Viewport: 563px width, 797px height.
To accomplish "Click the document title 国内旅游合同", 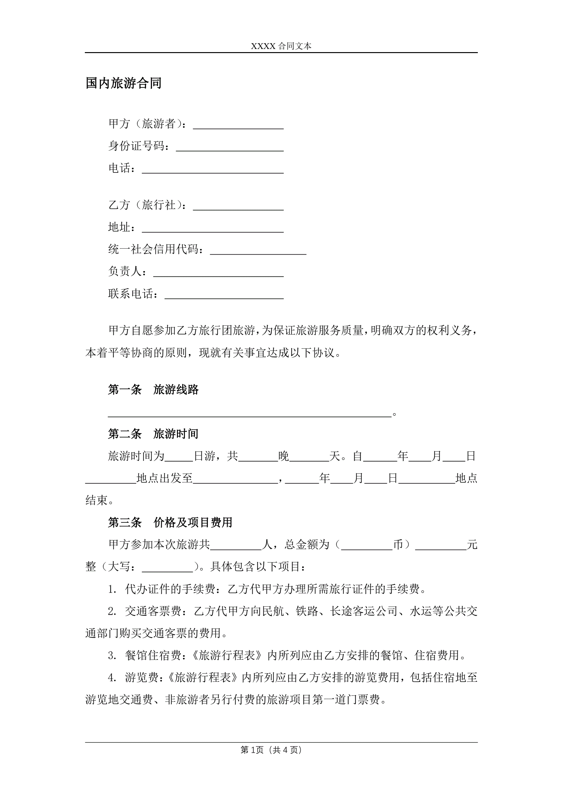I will click(123, 83).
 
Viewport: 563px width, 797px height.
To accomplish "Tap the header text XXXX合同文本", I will click(281, 46).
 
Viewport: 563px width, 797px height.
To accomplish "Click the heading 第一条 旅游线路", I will click(153, 389).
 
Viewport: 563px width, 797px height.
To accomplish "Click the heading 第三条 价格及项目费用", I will click(170, 522).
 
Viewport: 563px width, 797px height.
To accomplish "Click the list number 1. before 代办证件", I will click(112, 589).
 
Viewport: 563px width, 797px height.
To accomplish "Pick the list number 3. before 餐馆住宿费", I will click(112, 656).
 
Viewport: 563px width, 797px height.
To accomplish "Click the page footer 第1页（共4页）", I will click(271, 750).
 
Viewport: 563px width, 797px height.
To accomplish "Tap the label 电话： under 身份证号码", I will click(122, 168).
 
